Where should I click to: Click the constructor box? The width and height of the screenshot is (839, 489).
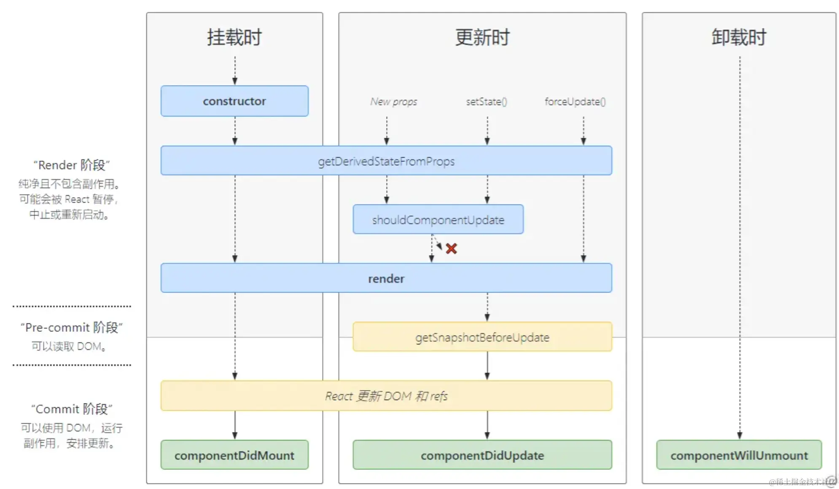(234, 101)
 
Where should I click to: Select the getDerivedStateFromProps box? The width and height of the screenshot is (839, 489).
(386, 161)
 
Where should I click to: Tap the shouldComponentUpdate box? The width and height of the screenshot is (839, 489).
(438, 220)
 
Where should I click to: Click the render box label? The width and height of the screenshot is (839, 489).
(386, 279)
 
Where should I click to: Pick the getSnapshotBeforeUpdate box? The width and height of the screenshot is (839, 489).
(482, 337)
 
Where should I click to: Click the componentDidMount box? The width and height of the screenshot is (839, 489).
(234, 455)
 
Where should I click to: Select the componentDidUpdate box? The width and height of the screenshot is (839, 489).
(482, 455)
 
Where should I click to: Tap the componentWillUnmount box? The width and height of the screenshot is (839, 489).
(739, 455)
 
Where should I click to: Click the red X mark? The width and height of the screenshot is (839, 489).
(451, 249)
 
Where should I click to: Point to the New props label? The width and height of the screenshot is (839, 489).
(393, 102)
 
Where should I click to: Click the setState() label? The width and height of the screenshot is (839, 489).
(487, 102)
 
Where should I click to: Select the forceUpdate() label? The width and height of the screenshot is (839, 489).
(575, 102)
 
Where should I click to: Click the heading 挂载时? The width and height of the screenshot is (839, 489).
(234, 37)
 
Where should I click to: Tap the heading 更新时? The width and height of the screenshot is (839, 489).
(482, 37)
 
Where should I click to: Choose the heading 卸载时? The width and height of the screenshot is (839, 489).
(739, 37)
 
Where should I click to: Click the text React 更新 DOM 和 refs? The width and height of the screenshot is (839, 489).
(386, 396)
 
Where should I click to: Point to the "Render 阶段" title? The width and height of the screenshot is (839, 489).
(72, 165)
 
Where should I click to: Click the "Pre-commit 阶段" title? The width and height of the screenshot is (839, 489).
(72, 328)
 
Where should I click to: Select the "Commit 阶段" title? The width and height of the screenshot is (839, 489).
(72, 409)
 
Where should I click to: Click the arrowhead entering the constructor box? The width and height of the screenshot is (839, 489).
(235, 81)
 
